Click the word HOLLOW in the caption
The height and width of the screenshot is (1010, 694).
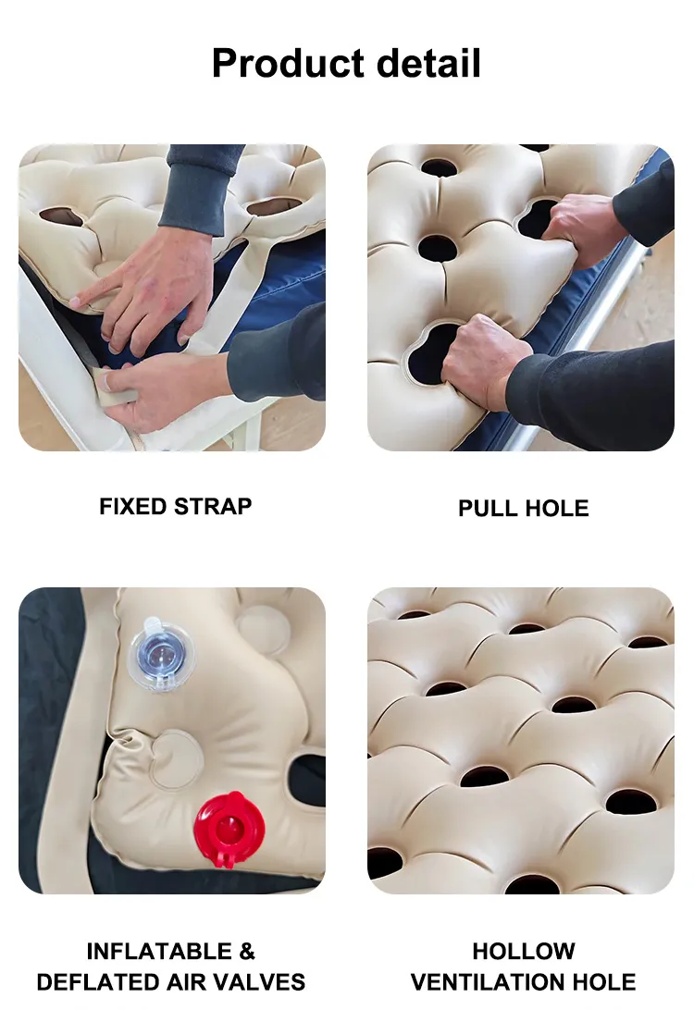(x=523, y=952)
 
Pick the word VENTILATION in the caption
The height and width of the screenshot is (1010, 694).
(x=490, y=981)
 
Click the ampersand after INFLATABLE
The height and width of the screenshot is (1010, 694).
(x=245, y=952)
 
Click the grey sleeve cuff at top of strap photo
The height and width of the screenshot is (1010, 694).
(x=199, y=199)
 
